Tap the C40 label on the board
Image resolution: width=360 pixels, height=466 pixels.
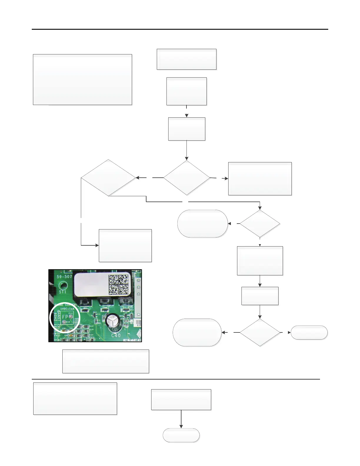coord(116,335)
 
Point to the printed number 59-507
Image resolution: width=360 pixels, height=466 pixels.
coord(64,277)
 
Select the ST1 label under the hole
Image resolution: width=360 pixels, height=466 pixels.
coord(63,292)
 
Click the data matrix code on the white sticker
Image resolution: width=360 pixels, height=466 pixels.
coord(119,284)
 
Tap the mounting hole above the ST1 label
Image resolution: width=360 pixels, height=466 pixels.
coord(63,285)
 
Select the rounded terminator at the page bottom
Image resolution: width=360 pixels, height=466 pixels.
coord(181,435)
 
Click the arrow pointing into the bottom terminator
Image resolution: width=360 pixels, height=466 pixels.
coord(181,426)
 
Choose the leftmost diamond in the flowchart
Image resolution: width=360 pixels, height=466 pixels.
coord(108,178)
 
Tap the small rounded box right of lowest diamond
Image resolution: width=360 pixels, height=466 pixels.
coord(309,332)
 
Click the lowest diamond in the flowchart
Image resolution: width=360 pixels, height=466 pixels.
coord(260,332)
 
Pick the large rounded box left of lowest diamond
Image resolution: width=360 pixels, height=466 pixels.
coord(197,332)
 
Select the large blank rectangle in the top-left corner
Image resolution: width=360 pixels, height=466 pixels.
coord(82,79)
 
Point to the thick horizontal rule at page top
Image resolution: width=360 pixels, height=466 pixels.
coord(180,29)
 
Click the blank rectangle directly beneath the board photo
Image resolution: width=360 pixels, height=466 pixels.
coord(106,361)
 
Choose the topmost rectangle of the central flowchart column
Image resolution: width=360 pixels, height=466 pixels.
coord(186,59)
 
